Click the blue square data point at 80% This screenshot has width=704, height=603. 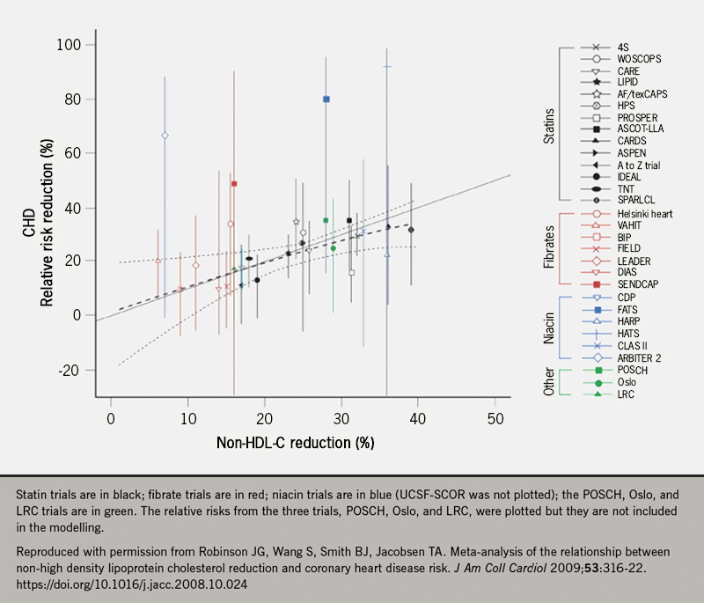(x=326, y=99)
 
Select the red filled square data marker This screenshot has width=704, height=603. (x=234, y=183)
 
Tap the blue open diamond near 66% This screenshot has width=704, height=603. (x=165, y=135)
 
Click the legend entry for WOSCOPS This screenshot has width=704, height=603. (x=638, y=58)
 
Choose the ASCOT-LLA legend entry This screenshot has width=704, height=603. (x=641, y=129)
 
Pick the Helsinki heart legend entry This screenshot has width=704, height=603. (x=647, y=213)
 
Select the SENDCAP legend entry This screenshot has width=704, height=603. (x=640, y=283)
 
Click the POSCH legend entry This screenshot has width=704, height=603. (x=634, y=370)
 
